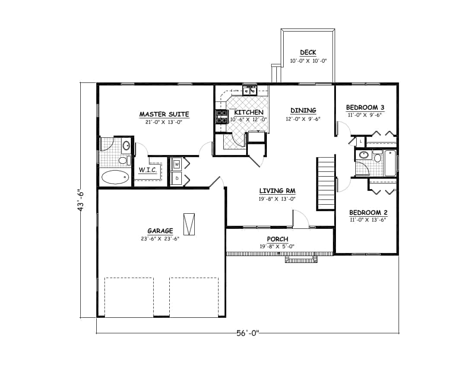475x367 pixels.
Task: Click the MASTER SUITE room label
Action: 164,114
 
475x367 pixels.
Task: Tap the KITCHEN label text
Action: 249,112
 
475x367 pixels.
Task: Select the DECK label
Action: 308,53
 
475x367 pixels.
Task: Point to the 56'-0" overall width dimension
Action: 247,333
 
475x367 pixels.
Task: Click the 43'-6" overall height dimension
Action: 80,200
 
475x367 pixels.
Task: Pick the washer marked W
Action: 177,164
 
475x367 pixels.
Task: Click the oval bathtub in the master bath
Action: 115,177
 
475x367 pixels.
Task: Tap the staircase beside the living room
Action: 326,183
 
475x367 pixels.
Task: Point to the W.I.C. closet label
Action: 147,170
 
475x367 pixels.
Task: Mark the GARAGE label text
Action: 160,231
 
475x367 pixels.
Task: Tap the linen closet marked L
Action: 360,141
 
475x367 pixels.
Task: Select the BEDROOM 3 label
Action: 365,108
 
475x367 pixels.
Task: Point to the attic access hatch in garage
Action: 189,224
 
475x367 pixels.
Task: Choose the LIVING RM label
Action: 277,191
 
